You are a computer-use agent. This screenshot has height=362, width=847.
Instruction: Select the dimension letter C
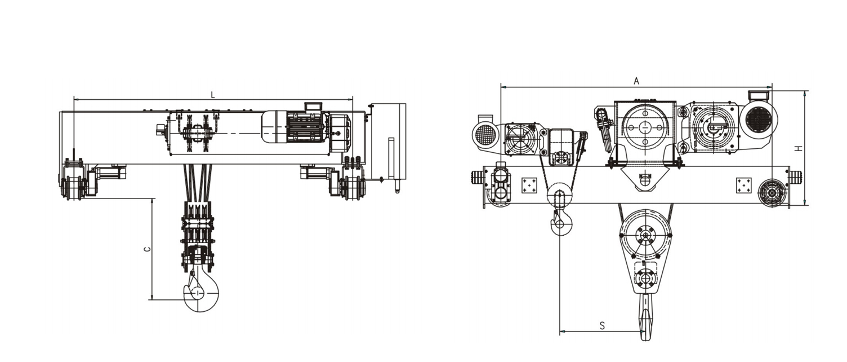[148, 249]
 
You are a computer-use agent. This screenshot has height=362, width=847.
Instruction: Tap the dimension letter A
[636, 81]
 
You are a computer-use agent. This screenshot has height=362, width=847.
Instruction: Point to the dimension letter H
[798, 148]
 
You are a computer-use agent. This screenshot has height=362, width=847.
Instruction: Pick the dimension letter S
[603, 326]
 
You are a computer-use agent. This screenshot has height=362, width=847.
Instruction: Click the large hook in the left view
[201, 292]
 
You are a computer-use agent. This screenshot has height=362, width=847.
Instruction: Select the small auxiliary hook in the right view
[561, 223]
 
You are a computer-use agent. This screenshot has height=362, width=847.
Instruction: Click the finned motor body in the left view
[306, 127]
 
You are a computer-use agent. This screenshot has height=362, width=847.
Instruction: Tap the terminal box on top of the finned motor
[313, 107]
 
